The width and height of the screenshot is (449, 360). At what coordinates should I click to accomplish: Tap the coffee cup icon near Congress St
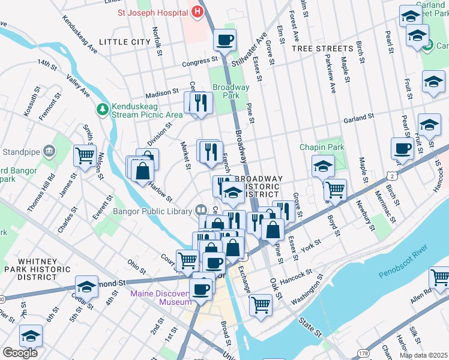pyautogui.click(x=225, y=41)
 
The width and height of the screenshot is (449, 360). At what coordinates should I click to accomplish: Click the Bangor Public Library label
pyautogui.click(x=154, y=211)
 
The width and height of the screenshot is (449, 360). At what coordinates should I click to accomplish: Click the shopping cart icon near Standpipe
pyautogui.click(x=85, y=156)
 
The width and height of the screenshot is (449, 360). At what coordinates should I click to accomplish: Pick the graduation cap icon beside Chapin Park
pyautogui.click(x=323, y=166)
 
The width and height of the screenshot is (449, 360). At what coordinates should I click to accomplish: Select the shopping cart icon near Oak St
pyautogui.click(x=261, y=304)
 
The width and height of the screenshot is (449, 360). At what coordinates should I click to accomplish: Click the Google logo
pyautogui.click(x=20, y=353)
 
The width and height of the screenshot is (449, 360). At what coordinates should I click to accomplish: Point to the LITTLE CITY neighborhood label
pyautogui.click(x=124, y=42)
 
